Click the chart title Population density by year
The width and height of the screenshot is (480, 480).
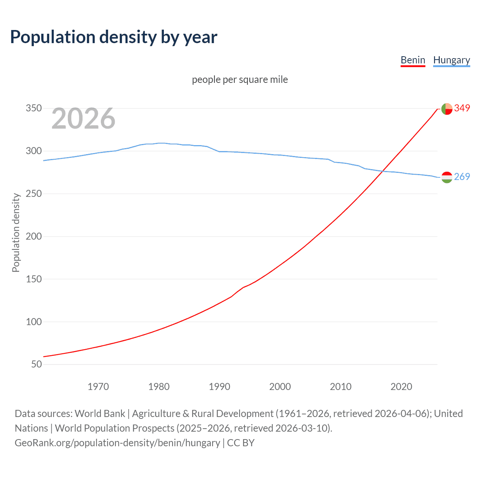114,37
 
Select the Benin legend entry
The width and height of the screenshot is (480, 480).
412,60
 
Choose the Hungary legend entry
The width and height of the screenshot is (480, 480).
451,60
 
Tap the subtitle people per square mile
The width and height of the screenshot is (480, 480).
240,79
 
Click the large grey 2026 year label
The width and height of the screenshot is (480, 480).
83,118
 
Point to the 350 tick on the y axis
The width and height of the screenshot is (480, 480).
33,108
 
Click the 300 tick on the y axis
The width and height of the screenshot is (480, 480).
33,151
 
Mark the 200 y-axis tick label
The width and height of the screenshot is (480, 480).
33,236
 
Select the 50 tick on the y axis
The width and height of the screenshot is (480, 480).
36,364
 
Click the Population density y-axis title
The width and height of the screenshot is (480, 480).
16,232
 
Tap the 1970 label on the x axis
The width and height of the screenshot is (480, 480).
98,387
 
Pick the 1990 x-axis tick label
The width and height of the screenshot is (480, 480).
219,387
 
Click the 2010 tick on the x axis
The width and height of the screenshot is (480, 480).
340,387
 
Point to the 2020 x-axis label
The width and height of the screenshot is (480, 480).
401,387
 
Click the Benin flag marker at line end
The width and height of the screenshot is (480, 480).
447,109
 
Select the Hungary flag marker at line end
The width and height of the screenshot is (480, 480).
447,177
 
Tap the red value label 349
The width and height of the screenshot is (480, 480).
462,108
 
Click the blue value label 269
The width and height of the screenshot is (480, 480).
462,177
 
